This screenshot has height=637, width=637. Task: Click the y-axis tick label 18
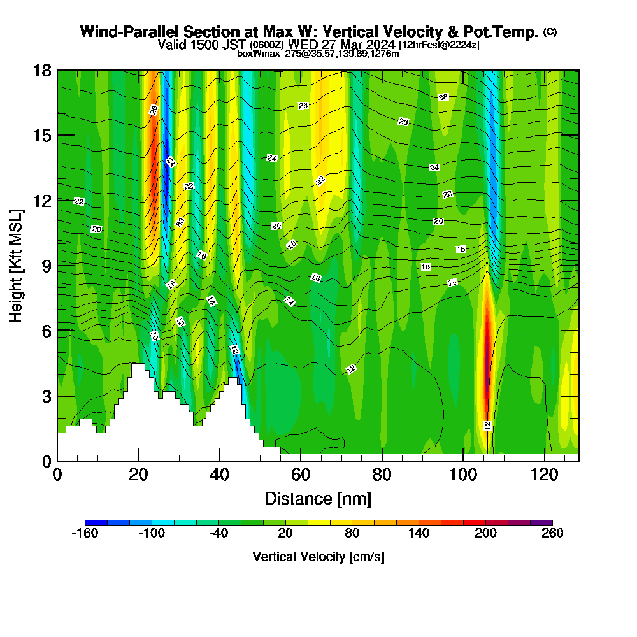coord(41,70)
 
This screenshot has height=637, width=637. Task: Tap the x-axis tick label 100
coord(463,475)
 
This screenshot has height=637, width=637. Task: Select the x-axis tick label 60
coord(301,475)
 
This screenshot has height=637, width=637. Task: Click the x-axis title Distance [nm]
coord(318,498)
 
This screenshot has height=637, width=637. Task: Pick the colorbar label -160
coord(84,534)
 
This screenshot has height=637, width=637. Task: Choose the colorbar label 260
coord(552,534)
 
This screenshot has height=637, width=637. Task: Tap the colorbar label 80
coord(352,534)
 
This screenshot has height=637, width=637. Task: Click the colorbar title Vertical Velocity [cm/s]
coord(318,557)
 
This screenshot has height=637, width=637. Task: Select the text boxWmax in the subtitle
coord(254,54)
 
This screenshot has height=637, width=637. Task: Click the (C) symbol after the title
coord(550,32)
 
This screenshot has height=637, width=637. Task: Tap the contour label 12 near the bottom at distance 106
coord(488,425)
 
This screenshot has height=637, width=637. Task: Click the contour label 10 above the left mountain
coord(154,335)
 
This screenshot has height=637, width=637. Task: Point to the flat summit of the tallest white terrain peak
coord(138,365)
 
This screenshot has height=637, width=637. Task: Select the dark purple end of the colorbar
coord(546,522)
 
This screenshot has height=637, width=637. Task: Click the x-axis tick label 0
coord(57,475)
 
